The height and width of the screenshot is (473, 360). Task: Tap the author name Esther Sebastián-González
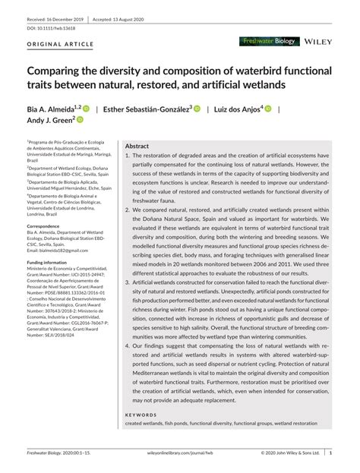click(148, 108)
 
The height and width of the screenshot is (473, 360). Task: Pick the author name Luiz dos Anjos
click(236, 108)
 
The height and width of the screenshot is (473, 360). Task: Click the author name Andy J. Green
click(49, 120)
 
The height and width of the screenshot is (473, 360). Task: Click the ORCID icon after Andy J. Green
click(80, 120)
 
